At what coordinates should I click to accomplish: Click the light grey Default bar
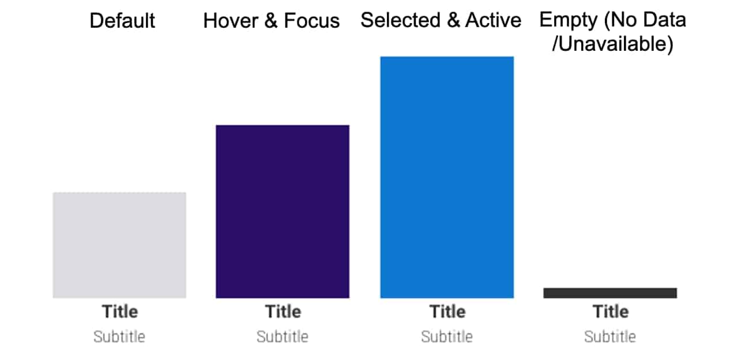click(119, 245)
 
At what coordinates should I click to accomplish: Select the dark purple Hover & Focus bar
click(283, 212)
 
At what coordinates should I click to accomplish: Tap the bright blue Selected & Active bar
click(447, 177)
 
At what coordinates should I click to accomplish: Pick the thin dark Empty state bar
click(610, 293)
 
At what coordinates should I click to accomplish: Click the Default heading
click(122, 21)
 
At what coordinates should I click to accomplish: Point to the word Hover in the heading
click(231, 21)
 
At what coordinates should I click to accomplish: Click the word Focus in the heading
click(312, 21)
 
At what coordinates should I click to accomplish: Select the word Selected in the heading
click(401, 20)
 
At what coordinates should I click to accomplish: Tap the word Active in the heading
click(493, 20)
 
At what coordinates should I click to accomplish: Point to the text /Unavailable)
click(613, 44)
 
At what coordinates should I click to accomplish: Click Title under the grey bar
click(119, 312)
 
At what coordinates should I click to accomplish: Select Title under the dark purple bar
click(283, 312)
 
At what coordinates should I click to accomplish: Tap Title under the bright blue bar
click(447, 312)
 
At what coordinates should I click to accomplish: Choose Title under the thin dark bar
click(611, 312)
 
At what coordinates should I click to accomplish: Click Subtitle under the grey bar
click(119, 336)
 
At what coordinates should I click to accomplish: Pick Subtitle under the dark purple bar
click(283, 336)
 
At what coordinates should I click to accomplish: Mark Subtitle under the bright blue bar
click(447, 336)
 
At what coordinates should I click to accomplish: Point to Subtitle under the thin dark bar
click(610, 336)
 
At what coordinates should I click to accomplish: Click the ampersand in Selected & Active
click(453, 20)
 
